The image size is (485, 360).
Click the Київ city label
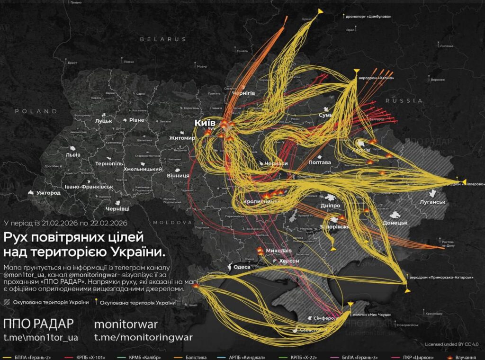pos(205,123)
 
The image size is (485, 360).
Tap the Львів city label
pos(73,155)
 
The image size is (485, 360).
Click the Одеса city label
pos(242,267)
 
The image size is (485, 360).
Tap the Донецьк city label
pos(395,222)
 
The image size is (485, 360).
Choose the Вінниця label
pos(178,175)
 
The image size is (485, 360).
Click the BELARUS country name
pos(163,39)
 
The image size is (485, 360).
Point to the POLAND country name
pos(36,111)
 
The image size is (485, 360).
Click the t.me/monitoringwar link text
pos(143,337)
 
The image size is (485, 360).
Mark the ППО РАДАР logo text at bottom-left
pos(38,324)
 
